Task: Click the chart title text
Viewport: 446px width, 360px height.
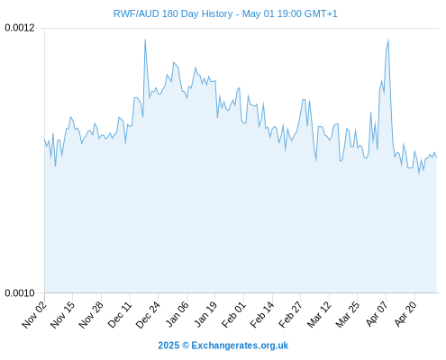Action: pyautogui.click(x=225, y=13)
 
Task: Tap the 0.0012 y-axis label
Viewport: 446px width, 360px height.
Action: pyautogui.click(x=20, y=28)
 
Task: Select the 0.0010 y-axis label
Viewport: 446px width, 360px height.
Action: pyautogui.click(x=20, y=292)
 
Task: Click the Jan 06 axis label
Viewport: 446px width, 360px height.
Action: pyautogui.click(x=177, y=314)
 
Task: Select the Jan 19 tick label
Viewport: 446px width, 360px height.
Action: pyautogui.click(x=205, y=314)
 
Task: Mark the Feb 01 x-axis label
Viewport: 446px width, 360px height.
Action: pyautogui.click(x=233, y=314)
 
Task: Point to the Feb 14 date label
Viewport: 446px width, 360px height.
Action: pyautogui.click(x=262, y=314)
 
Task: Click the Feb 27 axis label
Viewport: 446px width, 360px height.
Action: pyautogui.click(x=290, y=314)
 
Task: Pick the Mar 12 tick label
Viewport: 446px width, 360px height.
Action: pyautogui.click(x=319, y=314)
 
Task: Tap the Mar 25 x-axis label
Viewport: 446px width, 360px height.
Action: pyautogui.click(x=348, y=314)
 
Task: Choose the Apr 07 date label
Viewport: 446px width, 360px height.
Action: pyautogui.click(x=377, y=314)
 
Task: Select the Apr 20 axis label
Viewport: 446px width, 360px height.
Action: pyautogui.click(x=405, y=314)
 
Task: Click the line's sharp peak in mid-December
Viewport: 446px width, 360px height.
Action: pyautogui.click(x=145, y=40)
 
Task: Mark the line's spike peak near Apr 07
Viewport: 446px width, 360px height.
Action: pyautogui.click(x=388, y=40)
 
